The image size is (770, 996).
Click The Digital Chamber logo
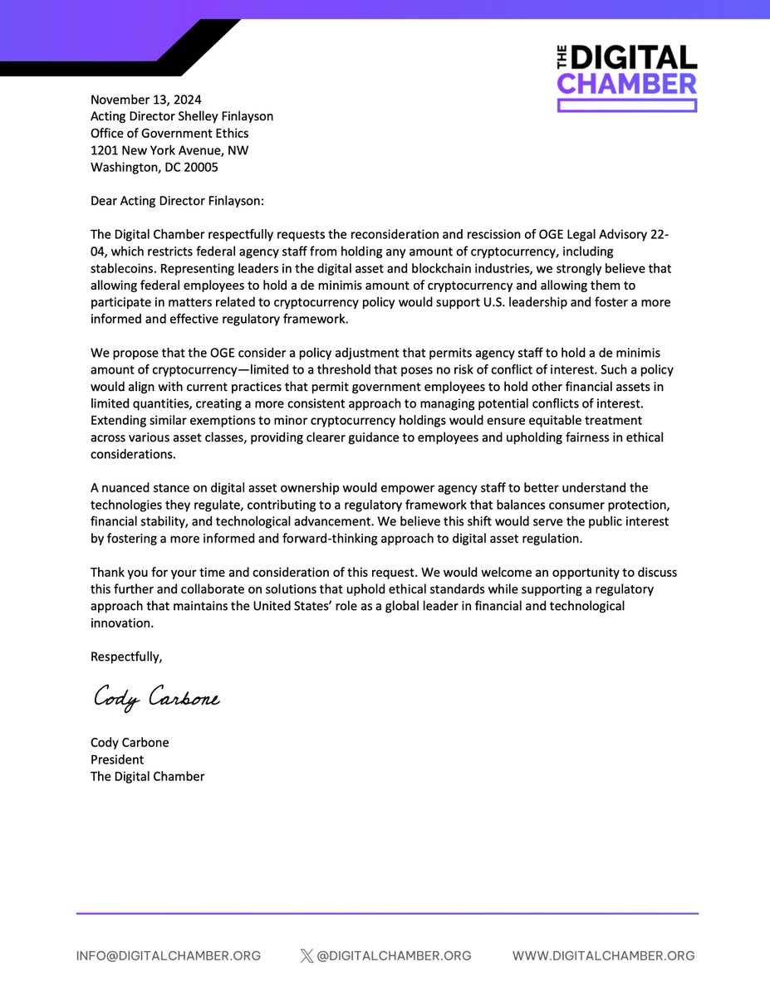626,79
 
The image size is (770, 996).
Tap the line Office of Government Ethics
169,133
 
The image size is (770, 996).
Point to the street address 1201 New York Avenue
169,150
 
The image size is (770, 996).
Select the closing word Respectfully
126,657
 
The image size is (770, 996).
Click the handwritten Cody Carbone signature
155,698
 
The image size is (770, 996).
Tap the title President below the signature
117,759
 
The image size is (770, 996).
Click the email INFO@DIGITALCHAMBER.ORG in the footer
169,956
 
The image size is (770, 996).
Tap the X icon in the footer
307,956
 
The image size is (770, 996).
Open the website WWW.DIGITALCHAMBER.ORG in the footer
603,956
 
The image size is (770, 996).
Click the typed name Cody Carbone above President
130,742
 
